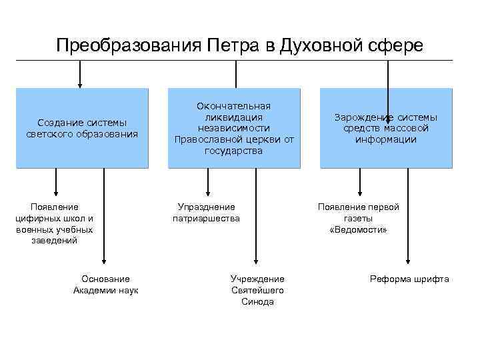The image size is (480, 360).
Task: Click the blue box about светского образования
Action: [83, 128]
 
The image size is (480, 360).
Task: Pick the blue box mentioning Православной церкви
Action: [233, 128]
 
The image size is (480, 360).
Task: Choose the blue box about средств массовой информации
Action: [386, 128]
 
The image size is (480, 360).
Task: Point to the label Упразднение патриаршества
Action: [206, 212]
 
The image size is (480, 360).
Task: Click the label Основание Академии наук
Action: [105, 284]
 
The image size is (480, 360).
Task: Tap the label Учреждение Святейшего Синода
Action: [257, 290]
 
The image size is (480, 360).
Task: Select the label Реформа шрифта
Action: [409, 279]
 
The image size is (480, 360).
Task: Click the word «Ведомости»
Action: [359, 229]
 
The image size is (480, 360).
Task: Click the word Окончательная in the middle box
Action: [233, 106]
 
